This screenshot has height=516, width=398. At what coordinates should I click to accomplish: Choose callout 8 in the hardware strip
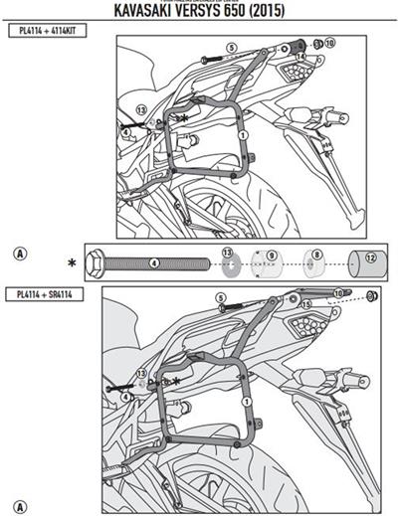[316, 257]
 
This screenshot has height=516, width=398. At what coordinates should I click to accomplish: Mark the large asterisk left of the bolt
[72, 264]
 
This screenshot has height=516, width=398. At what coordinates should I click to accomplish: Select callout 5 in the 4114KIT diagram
[230, 47]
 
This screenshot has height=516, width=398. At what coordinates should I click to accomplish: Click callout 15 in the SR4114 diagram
[306, 303]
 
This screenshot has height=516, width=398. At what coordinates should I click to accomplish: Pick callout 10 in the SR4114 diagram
[337, 293]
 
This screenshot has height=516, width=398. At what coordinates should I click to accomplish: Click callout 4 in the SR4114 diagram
[127, 397]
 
